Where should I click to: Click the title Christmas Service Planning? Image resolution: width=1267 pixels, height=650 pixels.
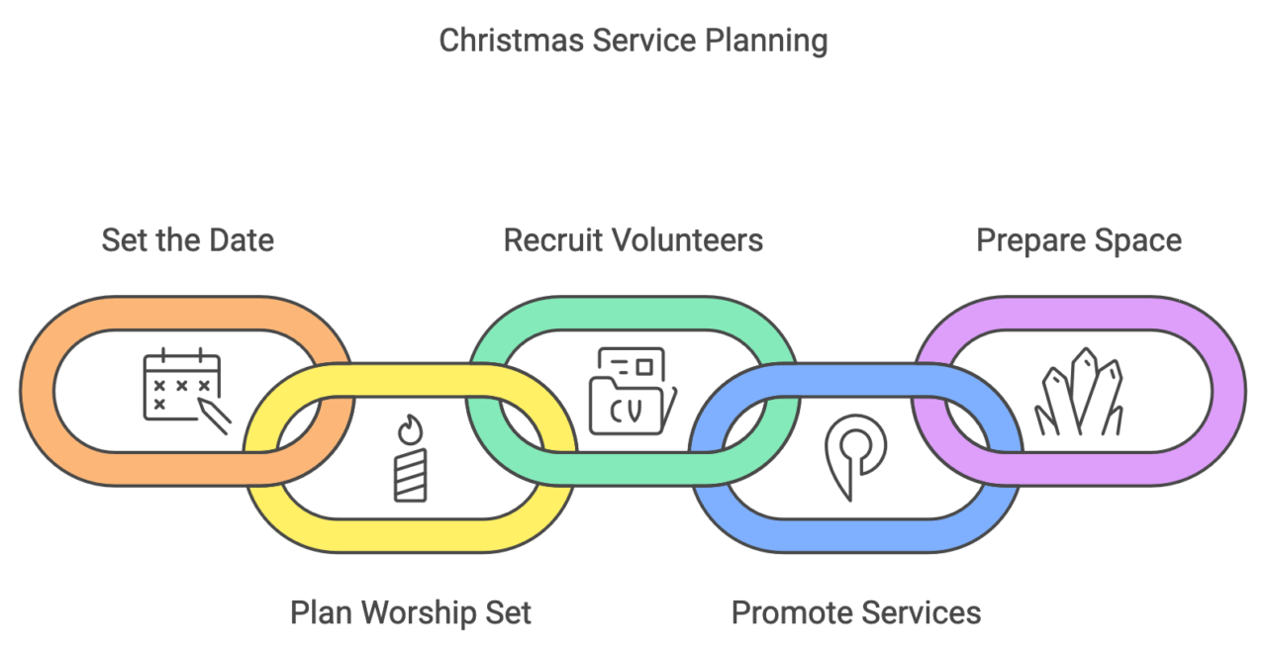pyautogui.click(x=633, y=41)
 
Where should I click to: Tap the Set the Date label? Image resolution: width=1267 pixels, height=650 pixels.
pyautogui.click(x=187, y=240)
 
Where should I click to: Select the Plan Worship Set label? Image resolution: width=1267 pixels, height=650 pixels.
pyautogui.click(x=410, y=612)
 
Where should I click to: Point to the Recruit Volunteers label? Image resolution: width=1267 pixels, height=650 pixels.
pyautogui.click(x=633, y=240)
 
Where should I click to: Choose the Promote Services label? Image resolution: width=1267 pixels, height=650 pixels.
pyautogui.click(x=856, y=612)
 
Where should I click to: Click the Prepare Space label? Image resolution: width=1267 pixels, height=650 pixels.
pyautogui.click(x=1079, y=240)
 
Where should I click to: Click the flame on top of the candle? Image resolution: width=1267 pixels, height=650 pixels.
pyautogui.click(x=409, y=430)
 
